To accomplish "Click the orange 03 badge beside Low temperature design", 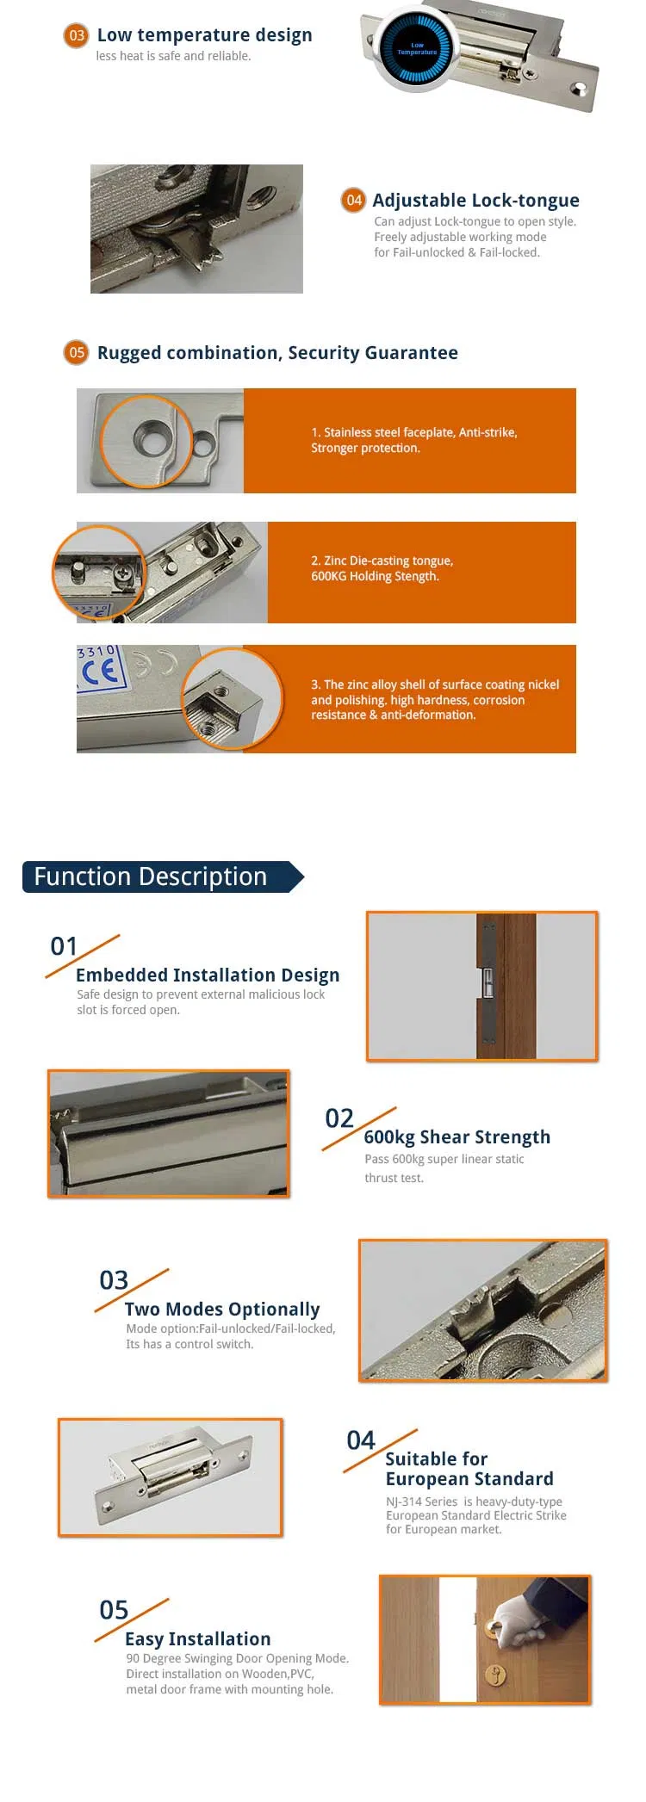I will [77, 35].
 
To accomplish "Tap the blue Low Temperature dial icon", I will [417, 49].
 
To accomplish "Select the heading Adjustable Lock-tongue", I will [475, 201].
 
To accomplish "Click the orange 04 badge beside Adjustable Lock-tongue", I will [353, 201].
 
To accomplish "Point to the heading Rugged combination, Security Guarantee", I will [277, 353].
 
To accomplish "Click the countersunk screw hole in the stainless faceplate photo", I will [152, 442].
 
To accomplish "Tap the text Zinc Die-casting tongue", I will [382, 560].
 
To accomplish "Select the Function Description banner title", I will [151, 876].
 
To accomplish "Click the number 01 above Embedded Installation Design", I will [65, 946].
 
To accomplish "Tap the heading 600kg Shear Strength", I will [457, 1137].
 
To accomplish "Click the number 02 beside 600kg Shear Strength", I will [339, 1118].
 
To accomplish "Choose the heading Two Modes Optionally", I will [222, 1310].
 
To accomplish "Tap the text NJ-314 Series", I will [422, 1502].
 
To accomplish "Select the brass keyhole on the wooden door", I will [496, 1675].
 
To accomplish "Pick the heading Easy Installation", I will [198, 1639].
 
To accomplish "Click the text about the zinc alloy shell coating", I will [435, 699].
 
